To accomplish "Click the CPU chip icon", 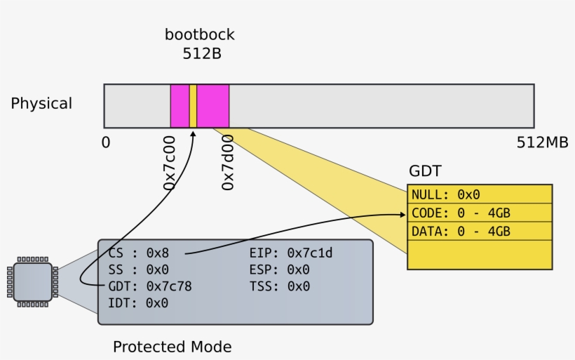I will (32, 282).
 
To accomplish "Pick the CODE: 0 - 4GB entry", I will (461, 213).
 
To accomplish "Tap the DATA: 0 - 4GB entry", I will (461, 232).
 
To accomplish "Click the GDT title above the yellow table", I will (425, 172).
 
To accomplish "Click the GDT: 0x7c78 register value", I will (150, 286).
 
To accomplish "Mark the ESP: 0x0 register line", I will (280, 269).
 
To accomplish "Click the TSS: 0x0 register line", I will (280, 286).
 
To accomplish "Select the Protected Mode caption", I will (172, 347).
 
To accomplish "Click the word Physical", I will (41, 104).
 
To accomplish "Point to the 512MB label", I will (542, 142).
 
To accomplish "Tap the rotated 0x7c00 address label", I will (169, 163).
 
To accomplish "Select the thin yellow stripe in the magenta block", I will (193, 106).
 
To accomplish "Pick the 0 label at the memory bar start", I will (106, 142).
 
